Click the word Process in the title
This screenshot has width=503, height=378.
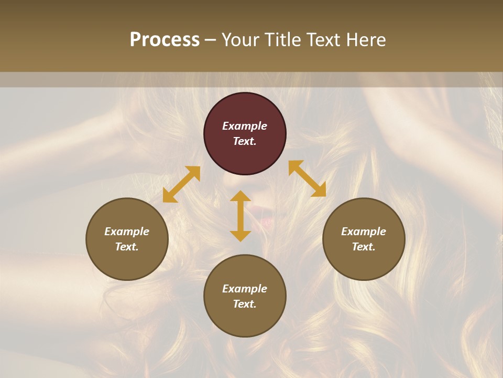(165, 40)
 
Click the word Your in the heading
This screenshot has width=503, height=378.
(240, 40)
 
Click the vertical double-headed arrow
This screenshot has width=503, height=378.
(240, 216)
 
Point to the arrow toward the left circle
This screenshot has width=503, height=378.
(181, 184)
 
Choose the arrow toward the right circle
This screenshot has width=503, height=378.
(307, 178)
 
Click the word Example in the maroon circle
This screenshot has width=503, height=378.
(245, 126)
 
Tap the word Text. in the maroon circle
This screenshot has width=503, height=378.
(245, 141)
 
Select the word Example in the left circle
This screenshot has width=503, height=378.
(127, 232)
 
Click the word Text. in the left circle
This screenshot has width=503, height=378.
(127, 247)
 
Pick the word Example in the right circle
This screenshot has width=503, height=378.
(364, 232)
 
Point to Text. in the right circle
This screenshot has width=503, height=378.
(364, 247)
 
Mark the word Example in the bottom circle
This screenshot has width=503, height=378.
(245, 289)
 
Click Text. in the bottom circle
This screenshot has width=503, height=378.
(245, 304)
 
